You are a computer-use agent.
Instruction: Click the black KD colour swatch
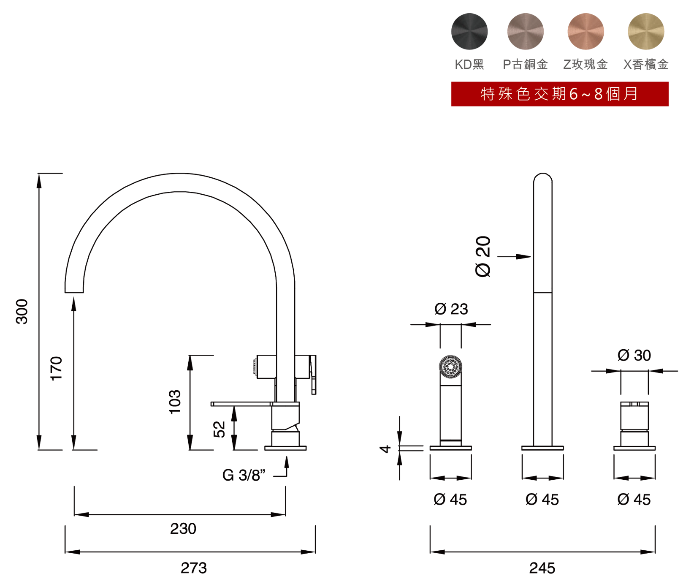coord(469,32)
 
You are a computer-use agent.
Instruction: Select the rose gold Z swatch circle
coord(586,32)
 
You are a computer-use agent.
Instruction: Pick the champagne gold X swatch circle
coord(646,32)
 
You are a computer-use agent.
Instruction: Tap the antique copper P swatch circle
coord(525,32)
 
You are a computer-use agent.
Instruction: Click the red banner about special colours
coord(560,94)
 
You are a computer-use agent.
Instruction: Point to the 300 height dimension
coord(22,312)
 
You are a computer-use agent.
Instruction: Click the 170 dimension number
coord(56,369)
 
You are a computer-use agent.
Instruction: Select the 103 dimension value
coord(174,402)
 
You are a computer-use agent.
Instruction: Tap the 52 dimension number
coord(219,429)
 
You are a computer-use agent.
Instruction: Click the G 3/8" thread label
coord(244,476)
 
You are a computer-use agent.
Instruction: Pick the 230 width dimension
coord(183,529)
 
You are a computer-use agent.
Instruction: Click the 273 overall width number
coord(194,568)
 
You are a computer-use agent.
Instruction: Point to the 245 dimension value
coord(542,568)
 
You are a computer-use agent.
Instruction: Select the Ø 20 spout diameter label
coord(483,257)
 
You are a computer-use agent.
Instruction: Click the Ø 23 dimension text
coord(451,309)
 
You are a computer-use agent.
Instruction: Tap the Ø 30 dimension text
coord(634,356)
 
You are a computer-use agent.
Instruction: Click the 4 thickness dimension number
coord(385,448)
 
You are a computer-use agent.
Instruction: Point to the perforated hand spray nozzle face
coord(450,367)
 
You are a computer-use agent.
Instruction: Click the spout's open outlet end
coord(74,292)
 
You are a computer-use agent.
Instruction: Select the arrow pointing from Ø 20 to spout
coord(514,256)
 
